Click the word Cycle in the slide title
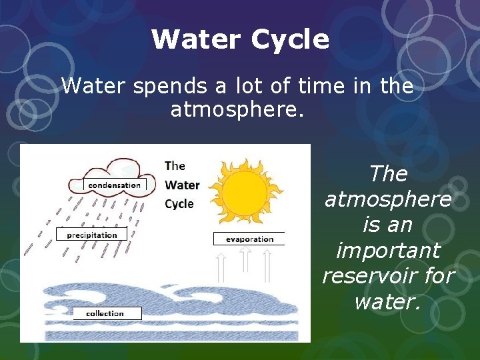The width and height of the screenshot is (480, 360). [x=290, y=40]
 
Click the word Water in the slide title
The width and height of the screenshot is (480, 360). [x=197, y=40]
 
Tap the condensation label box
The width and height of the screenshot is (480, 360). [x=115, y=185]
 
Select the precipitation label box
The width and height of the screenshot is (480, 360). [x=91, y=235]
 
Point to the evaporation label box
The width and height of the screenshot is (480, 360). [x=249, y=239]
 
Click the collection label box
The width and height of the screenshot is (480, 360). [x=105, y=313]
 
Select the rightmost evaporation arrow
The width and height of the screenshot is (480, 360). [x=267, y=266]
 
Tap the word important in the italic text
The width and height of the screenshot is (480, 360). [x=388, y=251]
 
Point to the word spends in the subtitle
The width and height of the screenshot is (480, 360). [x=161, y=86]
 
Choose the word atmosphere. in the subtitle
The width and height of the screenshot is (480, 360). [x=237, y=109]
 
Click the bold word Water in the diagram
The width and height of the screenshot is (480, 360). [x=182, y=185]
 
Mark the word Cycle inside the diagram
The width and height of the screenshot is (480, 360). [x=179, y=204]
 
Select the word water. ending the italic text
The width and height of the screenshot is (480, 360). [x=388, y=302]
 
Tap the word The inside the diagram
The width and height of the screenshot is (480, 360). [x=175, y=165]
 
